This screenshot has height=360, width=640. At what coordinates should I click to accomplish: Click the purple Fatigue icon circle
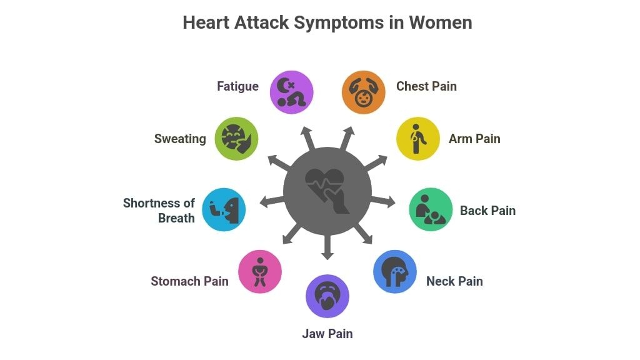[x=291, y=92]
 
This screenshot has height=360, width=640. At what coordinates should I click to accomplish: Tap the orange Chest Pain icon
[x=363, y=92]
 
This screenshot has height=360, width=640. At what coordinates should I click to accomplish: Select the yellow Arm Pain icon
[x=418, y=138]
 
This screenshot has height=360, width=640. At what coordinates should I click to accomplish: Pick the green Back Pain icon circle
[x=431, y=209]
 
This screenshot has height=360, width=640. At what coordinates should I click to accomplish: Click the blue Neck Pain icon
[x=394, y=271]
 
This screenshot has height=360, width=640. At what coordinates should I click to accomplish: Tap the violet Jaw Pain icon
[x=327, y=296]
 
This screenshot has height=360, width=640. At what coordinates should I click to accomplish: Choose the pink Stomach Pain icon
[x=259, y=271]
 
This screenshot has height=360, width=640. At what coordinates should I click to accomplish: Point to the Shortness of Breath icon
[x=224, y=209]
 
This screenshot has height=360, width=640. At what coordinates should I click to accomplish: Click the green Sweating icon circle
[x=236, y=138]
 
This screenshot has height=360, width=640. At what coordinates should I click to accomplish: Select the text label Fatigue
[x=237, y=86]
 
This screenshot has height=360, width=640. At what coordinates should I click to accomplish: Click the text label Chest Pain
[x=426, y=86]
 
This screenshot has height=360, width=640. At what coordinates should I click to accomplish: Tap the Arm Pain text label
[x=474, y=139]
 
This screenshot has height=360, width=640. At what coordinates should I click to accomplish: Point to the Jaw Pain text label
[x=327, y=334]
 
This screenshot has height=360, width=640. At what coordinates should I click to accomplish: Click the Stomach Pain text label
[x=189, y=281]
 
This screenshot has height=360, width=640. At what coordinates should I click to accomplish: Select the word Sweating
[x=180, y=139]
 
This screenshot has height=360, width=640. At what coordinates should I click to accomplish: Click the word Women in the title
[x=441, y=22]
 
